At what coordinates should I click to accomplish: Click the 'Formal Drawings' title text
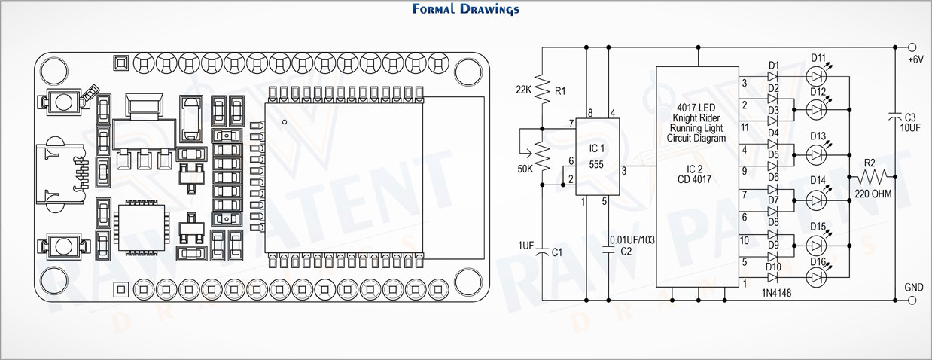pos(465,9)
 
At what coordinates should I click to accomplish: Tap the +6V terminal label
pos(915,59)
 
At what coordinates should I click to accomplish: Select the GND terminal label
pos(914,287)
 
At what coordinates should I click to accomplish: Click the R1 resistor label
pos(560,90)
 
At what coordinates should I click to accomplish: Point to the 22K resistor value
pos(523,90)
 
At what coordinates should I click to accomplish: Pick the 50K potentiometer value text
pos(525,169)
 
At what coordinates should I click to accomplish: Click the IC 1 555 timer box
pos(598,157)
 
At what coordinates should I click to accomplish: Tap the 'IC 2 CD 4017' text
pos(694,175)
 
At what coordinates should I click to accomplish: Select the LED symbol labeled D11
pos(816,77)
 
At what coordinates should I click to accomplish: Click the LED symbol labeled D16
pos(816,277)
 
